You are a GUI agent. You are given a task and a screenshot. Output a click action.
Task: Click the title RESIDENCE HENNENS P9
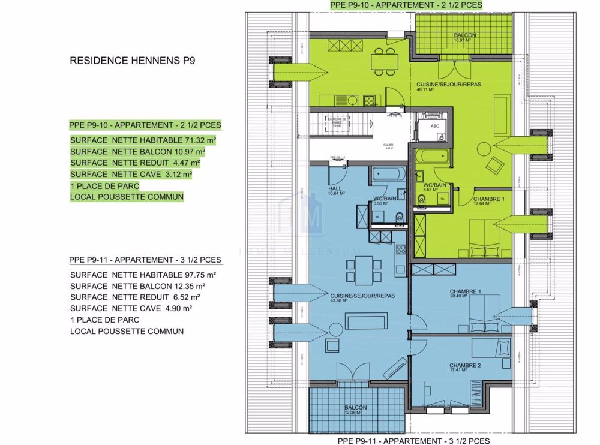(133, 60)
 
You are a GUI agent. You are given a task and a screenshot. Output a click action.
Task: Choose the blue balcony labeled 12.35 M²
(355, 410)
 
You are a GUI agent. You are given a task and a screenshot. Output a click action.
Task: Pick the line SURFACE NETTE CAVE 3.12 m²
(131, 174)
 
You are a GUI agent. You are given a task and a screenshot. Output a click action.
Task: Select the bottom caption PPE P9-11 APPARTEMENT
(413, 440)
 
